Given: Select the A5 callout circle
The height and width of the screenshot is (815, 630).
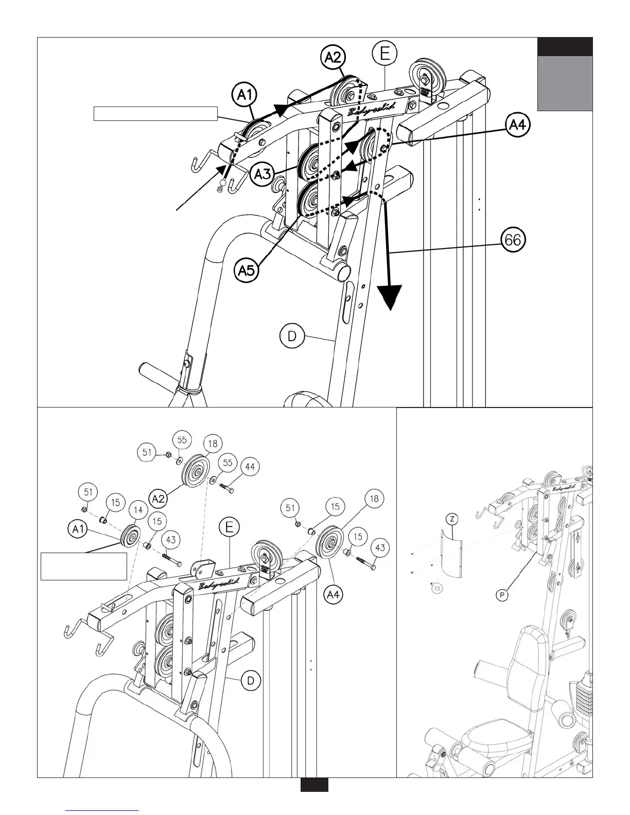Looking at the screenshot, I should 247,270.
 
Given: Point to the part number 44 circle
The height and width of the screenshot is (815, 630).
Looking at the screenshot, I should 249,467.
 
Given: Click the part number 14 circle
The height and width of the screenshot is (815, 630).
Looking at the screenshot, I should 138,510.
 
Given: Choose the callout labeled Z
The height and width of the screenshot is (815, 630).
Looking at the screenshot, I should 451,519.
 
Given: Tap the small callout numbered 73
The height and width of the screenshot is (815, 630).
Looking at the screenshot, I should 437,588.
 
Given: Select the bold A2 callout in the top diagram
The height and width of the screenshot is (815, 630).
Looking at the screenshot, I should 333,57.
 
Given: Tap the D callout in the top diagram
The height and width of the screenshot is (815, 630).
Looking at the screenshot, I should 292,337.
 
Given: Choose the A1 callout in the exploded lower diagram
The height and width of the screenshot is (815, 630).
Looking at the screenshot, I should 79,529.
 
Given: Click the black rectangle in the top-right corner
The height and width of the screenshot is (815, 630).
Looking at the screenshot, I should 565,46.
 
